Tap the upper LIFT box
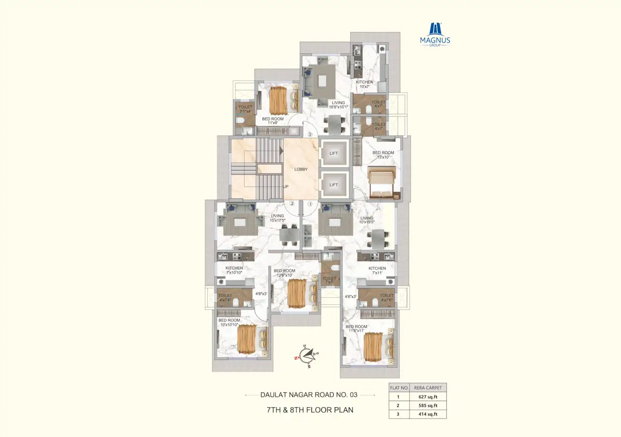coord(334,153)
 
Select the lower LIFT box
coord(334,185)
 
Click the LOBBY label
coord(301,169)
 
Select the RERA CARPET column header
coord(427,388)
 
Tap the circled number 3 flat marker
coord(310,134)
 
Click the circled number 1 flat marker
coord(310,204)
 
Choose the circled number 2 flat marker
coord(292,204)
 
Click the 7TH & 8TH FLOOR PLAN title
coord(310,410)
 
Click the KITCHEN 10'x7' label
coord(364,84)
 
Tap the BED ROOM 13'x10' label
coord(383,155)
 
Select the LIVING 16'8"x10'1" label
coord(338,105)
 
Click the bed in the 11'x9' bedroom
coord(278,100)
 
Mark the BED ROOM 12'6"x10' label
coord(284,273)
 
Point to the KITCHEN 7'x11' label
coord(377,271)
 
